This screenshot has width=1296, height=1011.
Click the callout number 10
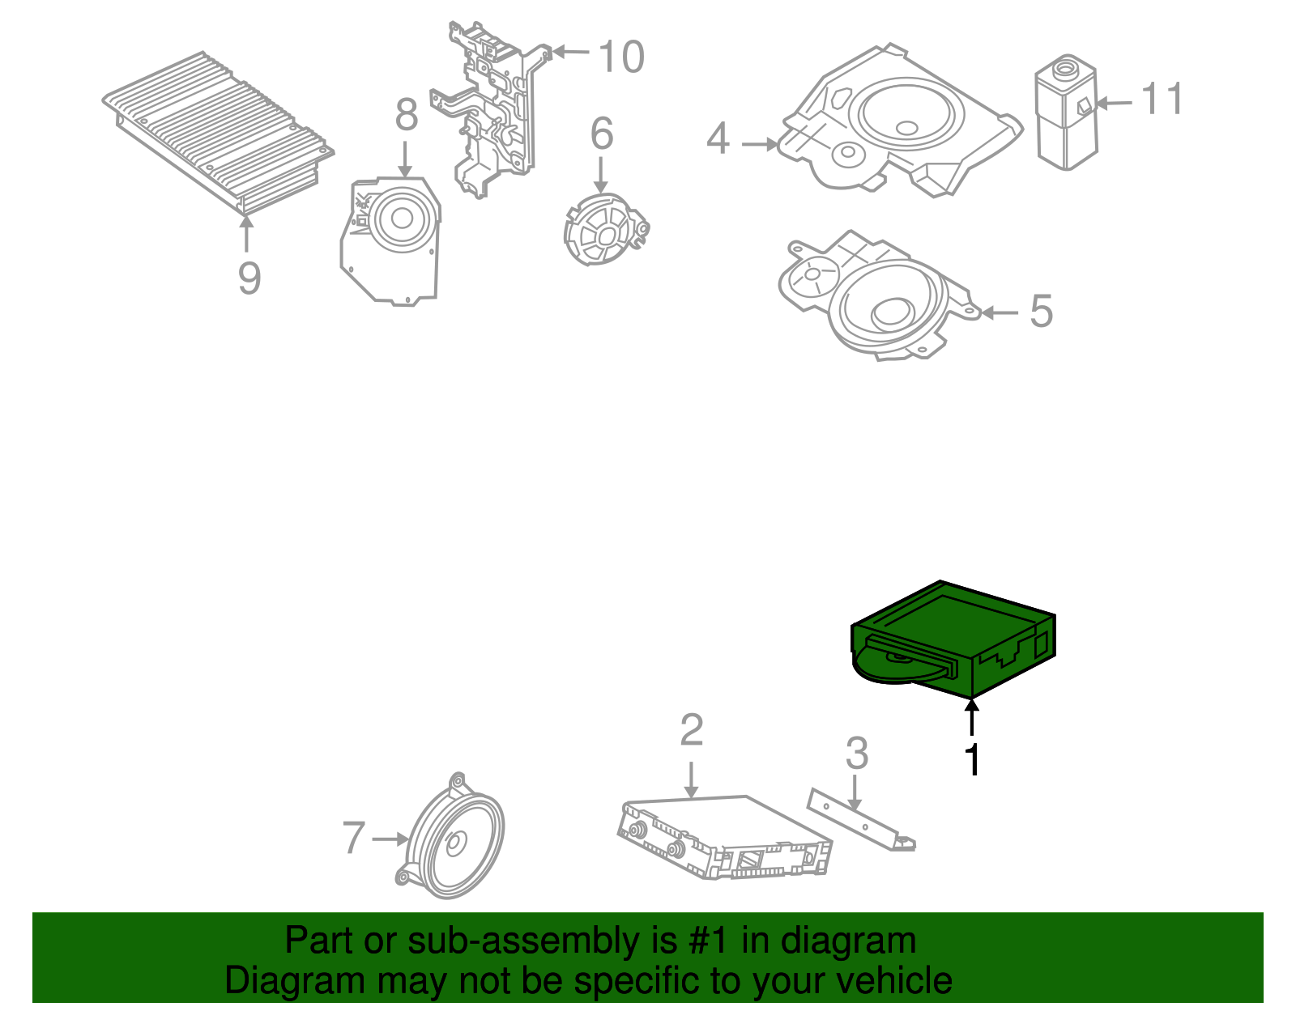point(620,57)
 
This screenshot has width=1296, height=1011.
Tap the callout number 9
point(249,278)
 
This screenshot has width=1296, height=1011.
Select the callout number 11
point(1162,98)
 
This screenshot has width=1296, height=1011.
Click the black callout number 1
point(972,759)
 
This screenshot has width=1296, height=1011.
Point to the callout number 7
point(353,837)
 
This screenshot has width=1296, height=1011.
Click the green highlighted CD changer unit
point(953,639)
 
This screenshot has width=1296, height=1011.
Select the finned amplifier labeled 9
point(218,132)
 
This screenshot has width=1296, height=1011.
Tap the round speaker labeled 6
point(605,229)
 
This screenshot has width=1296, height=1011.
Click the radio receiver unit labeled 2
point(724,837)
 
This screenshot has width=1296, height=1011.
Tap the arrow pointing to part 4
point(760,144)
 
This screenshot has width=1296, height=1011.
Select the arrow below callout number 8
point(405,159)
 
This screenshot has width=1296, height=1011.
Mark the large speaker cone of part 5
point(893,308)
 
